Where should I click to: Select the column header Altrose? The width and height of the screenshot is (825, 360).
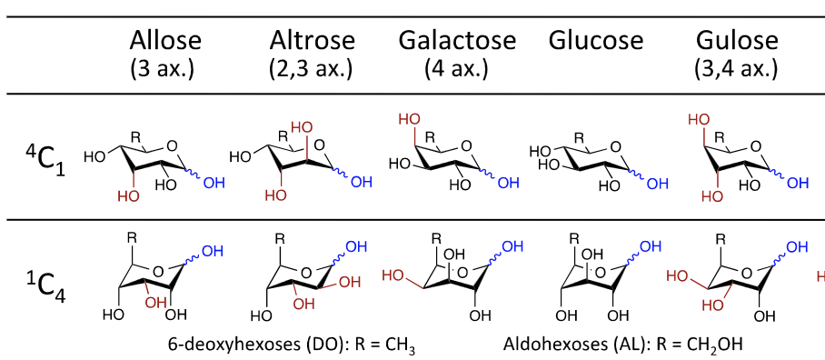pos(310,40)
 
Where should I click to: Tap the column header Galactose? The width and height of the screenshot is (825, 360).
pos(456,40)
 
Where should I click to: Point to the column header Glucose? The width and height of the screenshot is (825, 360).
pos(595,40)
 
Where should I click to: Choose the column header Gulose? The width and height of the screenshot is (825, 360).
pos(737,40)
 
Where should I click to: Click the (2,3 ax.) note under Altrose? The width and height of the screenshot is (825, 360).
pos(310,67)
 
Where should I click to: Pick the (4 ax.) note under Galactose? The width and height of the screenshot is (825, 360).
pos(456,67)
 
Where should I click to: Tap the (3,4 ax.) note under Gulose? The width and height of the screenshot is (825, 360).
pos(737,67)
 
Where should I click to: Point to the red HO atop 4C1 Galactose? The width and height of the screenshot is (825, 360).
pos(409,120)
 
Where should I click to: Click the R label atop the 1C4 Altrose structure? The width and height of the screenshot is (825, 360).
pos(280,238)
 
